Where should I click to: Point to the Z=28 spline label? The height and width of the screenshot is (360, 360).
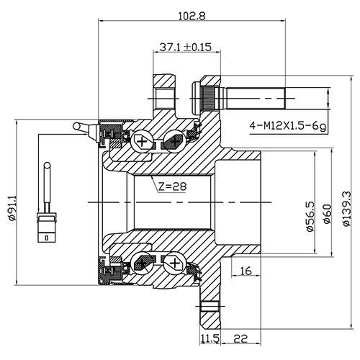point(172,186)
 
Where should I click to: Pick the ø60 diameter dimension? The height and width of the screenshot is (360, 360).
point(328,214)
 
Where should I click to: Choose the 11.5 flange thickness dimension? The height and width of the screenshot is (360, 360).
point(210,337)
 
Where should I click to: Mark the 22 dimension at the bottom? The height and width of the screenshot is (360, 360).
point(240,337)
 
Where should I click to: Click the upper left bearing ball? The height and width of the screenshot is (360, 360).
point(143,141)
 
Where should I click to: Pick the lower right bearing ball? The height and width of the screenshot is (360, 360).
point(174,264)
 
